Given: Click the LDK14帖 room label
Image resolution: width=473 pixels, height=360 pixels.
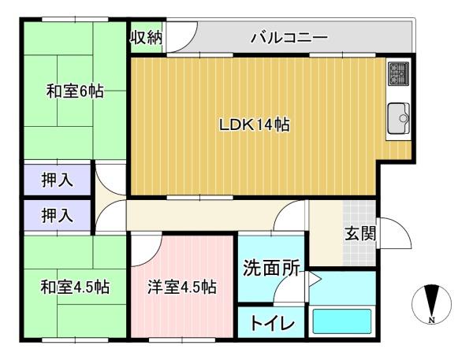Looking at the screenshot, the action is [x=255, y=124].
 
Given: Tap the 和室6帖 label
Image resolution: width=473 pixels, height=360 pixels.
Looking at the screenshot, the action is [x=75, y=91].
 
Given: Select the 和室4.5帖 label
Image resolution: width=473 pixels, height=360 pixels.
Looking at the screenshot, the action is [x=75, y=287].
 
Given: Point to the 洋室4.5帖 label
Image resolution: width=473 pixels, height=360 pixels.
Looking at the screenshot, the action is [x=182, y=287].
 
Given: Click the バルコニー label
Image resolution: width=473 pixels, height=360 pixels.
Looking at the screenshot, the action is [x=289, y=38].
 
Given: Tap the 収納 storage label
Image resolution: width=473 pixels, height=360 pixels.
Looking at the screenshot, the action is [x=147, y=38].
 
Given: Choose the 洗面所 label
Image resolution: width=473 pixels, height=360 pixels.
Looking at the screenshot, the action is [x=272, y=268].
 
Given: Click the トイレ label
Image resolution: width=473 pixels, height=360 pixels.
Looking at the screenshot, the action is [x=272, y=324].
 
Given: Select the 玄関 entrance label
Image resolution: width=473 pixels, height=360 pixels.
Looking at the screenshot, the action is [x=360, y=233].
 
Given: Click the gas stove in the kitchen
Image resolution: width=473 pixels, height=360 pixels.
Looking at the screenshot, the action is [x=398, y=73].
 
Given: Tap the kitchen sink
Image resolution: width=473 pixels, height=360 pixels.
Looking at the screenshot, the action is [x=398, y=118].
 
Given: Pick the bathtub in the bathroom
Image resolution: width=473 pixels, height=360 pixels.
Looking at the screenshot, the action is [x=342, y=321].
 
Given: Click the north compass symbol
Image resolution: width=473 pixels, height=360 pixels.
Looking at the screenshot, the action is [x=432, y=303].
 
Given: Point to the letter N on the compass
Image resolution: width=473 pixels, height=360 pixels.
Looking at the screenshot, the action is [x=432, y=320].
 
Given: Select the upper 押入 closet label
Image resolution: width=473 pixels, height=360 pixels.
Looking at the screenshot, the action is [x=57, y=180].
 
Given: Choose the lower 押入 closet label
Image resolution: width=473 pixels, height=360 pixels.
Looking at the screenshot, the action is [x=57, y=216].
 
